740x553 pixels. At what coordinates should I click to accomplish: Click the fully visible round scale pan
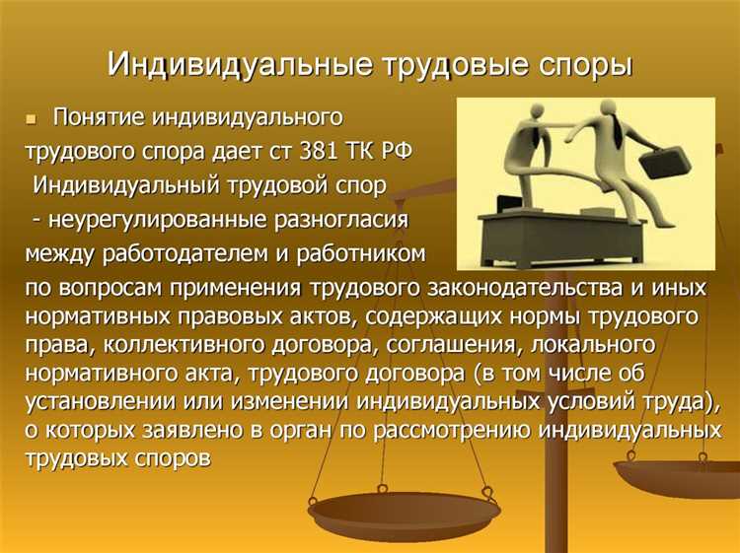click(x=404, y=516)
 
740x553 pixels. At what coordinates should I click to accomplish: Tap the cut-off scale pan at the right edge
click(x=681, y=478)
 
